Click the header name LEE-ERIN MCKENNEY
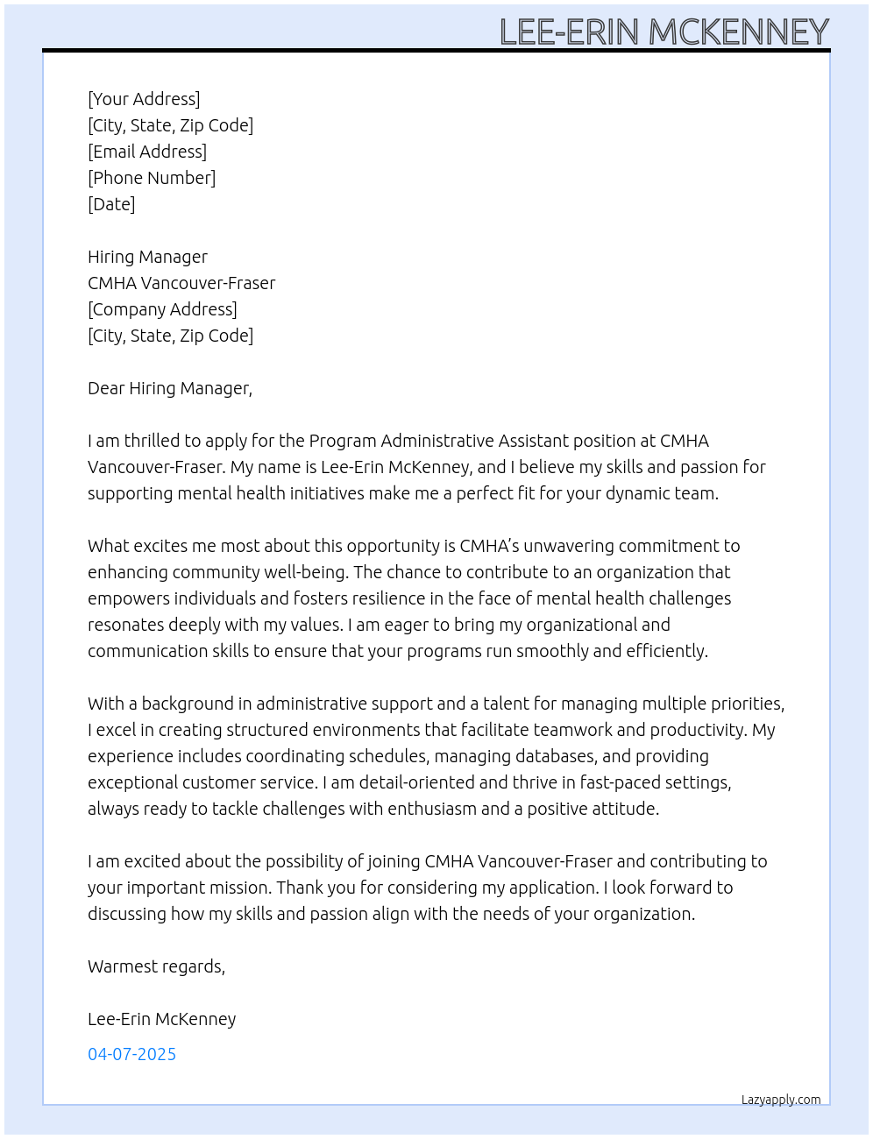[664, 32]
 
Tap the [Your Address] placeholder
[144, 99]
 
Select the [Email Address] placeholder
[147, 152]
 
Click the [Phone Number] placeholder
[152, 178]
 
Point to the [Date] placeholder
[111, 204]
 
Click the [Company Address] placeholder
[162, 309]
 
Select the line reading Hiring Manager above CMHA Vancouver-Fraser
[147, 257]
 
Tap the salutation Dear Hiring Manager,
[170, 388]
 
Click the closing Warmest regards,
[156, 966]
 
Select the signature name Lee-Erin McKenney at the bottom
[161, 1019]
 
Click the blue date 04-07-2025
[131, 1054]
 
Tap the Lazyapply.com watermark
[781, 1100]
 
